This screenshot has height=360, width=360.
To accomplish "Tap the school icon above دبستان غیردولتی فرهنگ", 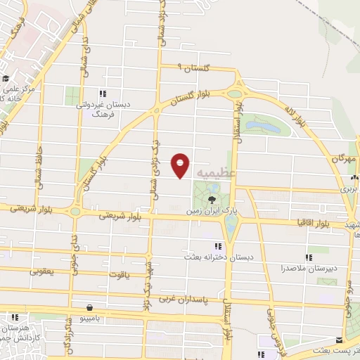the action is coord(103,94).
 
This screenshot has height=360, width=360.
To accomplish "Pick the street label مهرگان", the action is coord(345,160).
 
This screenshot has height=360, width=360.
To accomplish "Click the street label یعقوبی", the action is coord(41,270).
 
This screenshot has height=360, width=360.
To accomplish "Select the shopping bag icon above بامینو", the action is coord(89,307).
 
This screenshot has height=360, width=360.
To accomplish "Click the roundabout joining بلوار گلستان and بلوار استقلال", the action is coord(235,93).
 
